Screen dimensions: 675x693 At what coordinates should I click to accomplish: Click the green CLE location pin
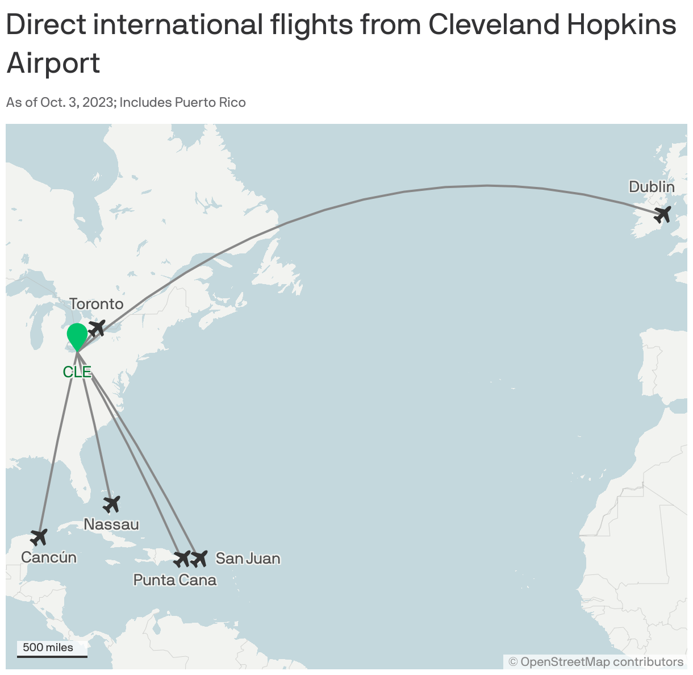tap(77, 336)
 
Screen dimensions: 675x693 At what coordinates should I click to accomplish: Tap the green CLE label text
tap(77, 372)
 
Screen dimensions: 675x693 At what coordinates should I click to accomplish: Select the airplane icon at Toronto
tap(97, 328)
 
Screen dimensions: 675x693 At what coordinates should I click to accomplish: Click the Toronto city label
tap(96, 304)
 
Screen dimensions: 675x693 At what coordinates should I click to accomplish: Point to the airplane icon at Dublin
tap(663, 215)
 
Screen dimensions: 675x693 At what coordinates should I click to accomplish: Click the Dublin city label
tap(652, 187)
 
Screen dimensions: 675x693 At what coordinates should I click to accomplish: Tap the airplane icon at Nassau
tap(111, 503)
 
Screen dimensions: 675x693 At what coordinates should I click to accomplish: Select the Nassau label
tap(111, 524)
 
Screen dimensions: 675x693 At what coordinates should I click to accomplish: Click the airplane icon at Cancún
tap(39, 536)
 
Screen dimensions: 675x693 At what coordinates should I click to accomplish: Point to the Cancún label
tap(49, 557)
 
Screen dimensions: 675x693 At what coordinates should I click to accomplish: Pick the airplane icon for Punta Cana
tap(182, 559)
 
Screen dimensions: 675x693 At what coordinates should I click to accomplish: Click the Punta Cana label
tap(175, 580)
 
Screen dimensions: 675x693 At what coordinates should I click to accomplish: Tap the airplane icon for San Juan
tap(199, 559)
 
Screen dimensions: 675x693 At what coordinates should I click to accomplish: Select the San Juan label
tap(248, 559)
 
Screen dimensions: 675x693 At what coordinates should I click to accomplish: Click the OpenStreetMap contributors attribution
tap(596, 662)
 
